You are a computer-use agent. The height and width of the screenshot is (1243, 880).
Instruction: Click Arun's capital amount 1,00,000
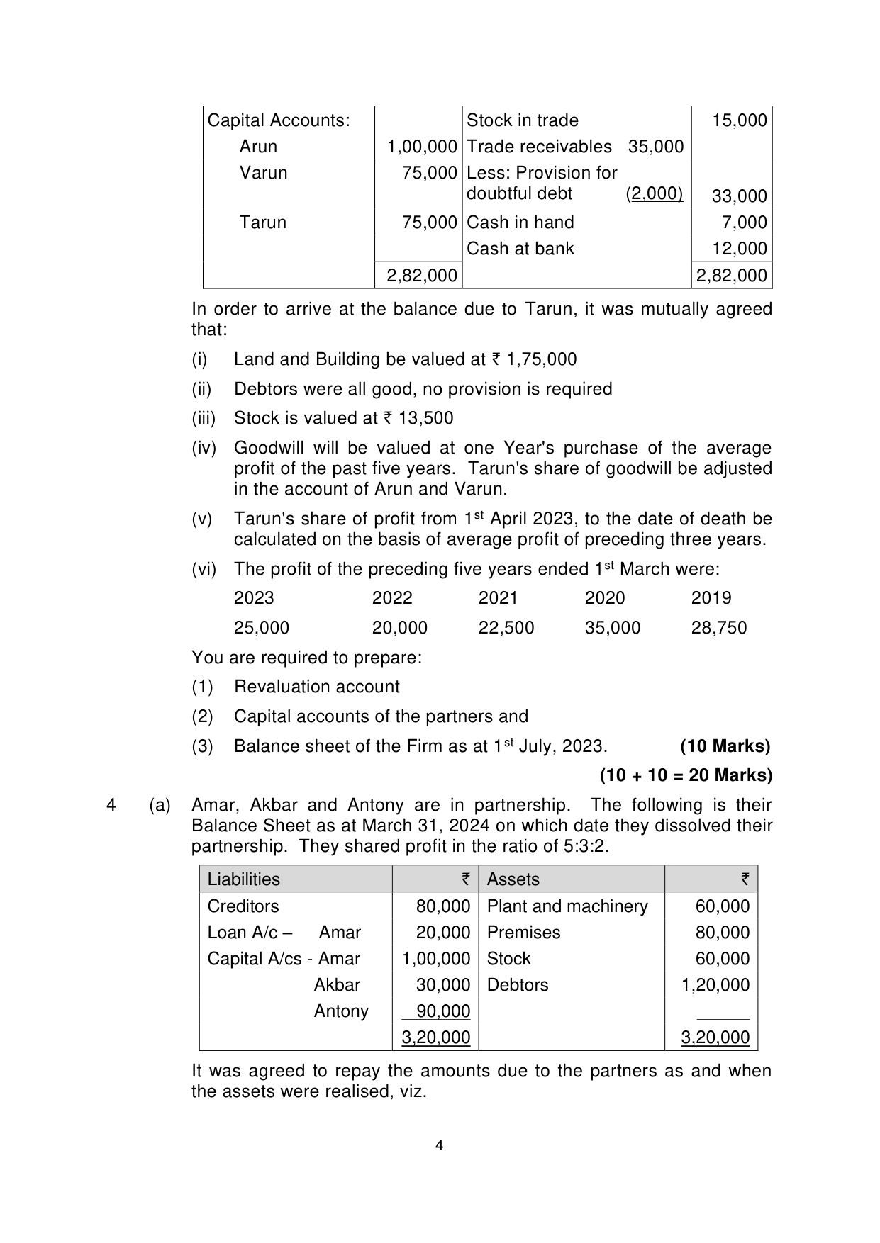coord(422,147)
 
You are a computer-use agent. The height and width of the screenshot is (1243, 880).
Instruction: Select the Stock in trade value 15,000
coord(740,120)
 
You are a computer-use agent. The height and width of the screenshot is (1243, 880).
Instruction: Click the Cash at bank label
coord(520,249)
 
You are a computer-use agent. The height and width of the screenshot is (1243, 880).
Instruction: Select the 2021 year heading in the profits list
coord(498,598)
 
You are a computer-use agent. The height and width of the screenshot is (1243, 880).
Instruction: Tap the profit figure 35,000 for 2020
coord(612,628)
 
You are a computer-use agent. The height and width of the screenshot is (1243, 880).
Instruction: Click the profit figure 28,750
coord(718,628)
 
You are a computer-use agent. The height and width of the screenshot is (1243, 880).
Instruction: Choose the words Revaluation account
coord(316,687)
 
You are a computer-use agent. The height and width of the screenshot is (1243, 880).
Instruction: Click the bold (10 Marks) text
coord(725,746)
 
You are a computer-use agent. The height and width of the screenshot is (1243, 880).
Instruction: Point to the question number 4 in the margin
coord(111,805)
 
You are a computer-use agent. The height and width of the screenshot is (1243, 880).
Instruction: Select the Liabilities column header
coord(243,879)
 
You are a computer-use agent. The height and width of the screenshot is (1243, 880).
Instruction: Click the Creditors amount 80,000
coord(443,906)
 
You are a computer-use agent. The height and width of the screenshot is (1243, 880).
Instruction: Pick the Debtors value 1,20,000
coord(715,985)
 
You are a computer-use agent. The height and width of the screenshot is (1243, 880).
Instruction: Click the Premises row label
coord(523,933)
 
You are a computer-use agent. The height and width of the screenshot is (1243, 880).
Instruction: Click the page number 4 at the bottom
coord(439,1146)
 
